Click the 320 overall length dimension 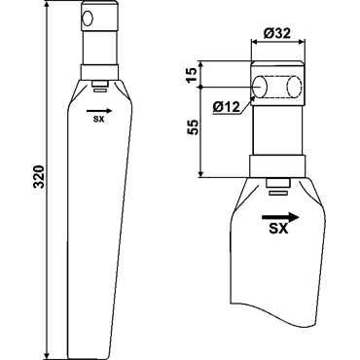click(x=39, y=177)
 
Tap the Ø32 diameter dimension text click(x=276, y=33)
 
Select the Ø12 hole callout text click(x=226, y=106)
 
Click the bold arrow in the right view click(x=280, y=217)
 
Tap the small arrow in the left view click(x=99, y=111)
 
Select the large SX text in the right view click(x=278, y=229)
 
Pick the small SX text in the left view click(x=98, y=119)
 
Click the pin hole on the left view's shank click(x=88, y=18)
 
